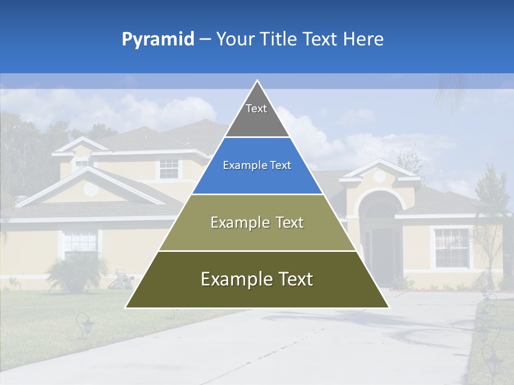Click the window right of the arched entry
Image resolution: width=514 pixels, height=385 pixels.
[451, 248]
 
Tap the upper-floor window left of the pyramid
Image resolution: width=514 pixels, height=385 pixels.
[169, 168]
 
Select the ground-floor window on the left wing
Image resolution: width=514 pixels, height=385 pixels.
[80, 243]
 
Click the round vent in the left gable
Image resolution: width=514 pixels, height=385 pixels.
[92, 188]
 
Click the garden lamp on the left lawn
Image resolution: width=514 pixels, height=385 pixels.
[85, 325]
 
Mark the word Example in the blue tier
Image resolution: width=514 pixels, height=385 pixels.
[239, 166]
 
